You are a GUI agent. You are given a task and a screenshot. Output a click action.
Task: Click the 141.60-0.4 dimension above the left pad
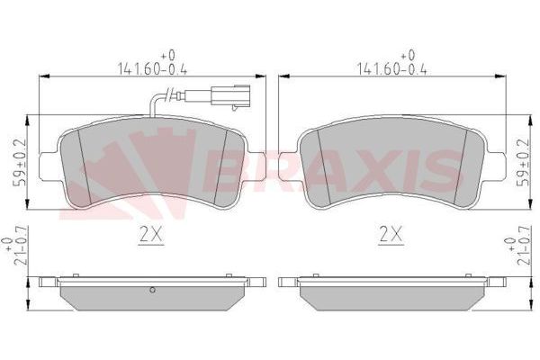[x=150, y=66]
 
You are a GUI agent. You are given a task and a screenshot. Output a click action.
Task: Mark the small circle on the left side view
[x=153, y=290]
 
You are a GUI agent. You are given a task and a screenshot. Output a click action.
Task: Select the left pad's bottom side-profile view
[x=150, y=292]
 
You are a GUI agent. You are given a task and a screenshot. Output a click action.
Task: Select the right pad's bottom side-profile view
[x=390, y=292]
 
